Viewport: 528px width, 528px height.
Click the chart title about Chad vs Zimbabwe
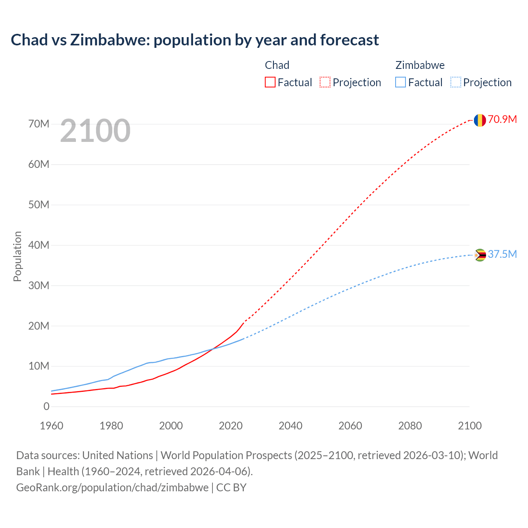(195, 40)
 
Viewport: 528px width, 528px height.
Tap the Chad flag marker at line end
(479, 120)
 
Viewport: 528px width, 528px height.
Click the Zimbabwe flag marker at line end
(479, 255)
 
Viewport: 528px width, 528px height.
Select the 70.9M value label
(502, 120)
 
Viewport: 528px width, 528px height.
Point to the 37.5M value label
(502, 254)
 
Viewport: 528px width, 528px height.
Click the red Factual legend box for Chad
(270, 82)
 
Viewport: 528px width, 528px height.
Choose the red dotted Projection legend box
(325, 82)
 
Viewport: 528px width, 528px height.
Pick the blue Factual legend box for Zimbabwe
(400, 82)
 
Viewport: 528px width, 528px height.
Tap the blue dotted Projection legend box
(455, 82)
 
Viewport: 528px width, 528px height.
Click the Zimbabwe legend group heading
(420, 65)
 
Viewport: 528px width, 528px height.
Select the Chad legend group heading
(277, 65)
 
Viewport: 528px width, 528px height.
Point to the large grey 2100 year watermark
(95, 131)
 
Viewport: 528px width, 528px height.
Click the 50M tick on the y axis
(39, 205)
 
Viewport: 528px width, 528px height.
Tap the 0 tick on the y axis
(46, 407)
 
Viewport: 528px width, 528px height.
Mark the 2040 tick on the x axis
(290, 426)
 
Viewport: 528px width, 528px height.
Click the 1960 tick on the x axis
(52, 426)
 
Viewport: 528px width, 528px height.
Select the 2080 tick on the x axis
(410, 426)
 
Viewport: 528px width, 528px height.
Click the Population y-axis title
(17, 256)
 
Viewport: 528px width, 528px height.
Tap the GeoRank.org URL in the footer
(112, 488)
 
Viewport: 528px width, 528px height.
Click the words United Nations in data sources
(118, 455)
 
